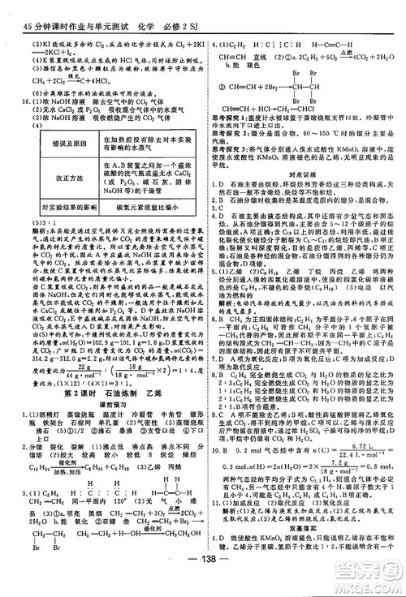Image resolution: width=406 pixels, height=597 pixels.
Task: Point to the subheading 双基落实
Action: tap(303, 526)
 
